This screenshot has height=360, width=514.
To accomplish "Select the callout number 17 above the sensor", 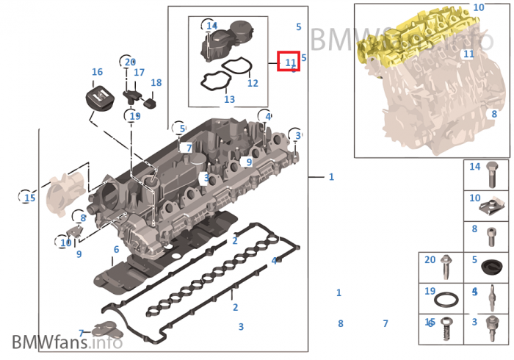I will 139,73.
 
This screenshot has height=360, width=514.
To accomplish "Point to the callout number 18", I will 156,83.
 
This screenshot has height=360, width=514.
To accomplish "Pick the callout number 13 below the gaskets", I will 229,99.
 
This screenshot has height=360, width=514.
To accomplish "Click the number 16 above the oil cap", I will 97,72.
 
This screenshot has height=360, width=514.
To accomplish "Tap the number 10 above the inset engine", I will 479,7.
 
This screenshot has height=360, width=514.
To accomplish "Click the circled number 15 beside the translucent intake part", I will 29,198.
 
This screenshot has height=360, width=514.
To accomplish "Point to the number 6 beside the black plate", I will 116,250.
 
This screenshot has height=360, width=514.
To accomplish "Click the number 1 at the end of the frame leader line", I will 331,177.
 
